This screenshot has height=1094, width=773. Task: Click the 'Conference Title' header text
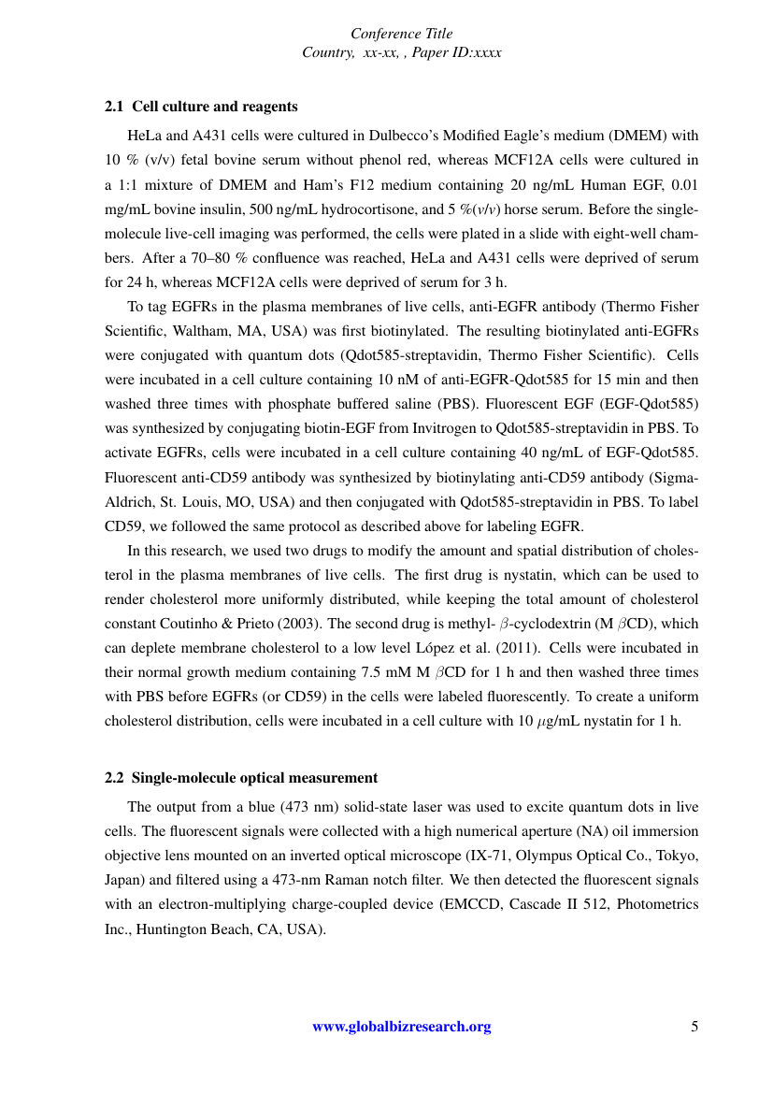401,34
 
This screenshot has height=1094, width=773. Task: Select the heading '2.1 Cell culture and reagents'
201,107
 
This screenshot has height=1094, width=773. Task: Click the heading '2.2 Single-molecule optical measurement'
241,777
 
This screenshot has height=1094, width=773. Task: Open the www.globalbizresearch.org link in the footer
401,1027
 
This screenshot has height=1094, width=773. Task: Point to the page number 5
694,1027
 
